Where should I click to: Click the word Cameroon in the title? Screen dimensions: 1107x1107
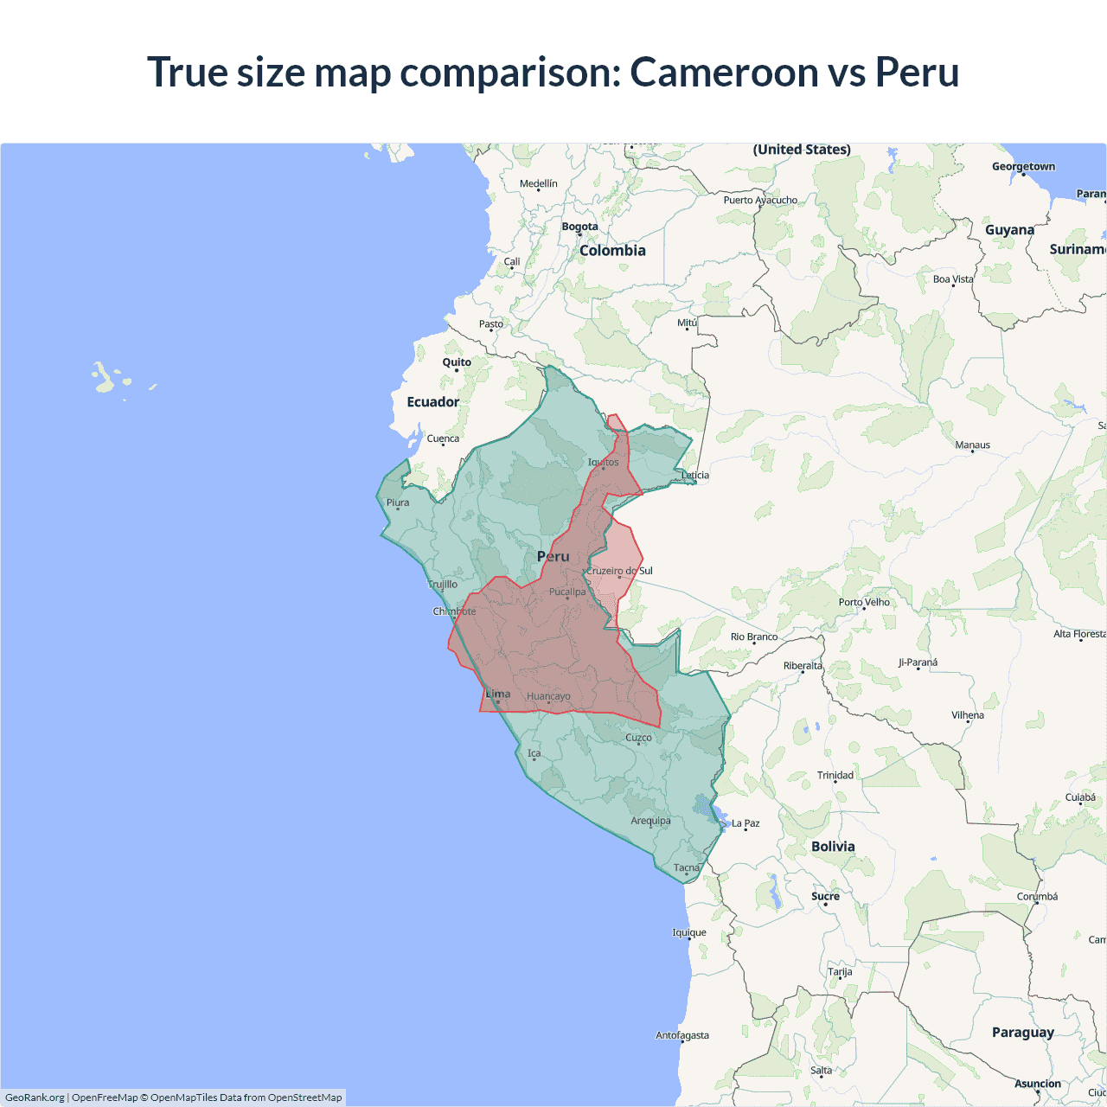(723, 72)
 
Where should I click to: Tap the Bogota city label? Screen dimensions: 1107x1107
(579, 227)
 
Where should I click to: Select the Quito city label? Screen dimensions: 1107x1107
(457, 362)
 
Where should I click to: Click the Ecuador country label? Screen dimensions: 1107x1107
(433, 402)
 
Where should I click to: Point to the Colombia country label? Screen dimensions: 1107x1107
(612, 251)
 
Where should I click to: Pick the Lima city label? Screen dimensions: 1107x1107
(498, 694)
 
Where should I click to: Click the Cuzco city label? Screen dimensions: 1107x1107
(638, 738)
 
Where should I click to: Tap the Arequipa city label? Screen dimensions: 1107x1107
(650, 821)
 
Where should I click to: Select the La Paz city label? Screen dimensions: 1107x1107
(745, 823)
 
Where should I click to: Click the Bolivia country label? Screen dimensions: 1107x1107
(833, 847)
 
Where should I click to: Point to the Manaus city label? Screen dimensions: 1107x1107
(972, 445)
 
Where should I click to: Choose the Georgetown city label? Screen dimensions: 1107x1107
(1023, 167)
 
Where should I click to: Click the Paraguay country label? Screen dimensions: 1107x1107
(1023, 1033)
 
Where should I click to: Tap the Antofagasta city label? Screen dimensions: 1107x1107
(682, 1035)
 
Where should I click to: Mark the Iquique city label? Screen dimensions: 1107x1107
(689, 932)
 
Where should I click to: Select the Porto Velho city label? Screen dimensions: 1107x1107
(864, 602)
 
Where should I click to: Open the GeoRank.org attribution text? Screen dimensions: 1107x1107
(35, 1097)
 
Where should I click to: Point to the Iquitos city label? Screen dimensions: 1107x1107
(604, 462)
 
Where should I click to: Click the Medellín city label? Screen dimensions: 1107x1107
(539, 183)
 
